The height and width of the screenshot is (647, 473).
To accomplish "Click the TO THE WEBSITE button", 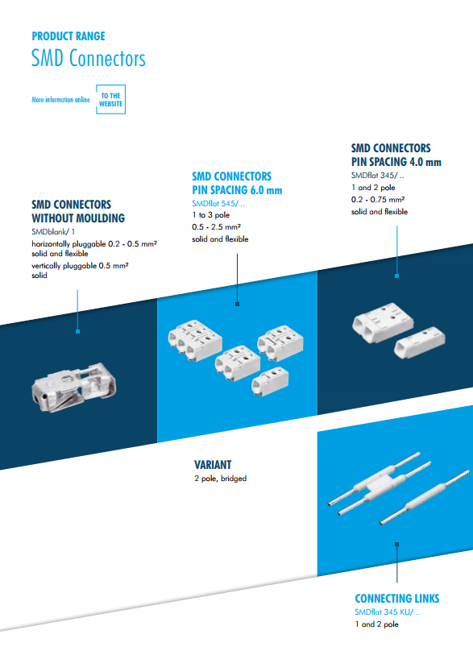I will pyautogui.click(x=110, y=100).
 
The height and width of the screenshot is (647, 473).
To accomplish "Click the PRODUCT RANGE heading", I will pyautogui.click(x=68, y=36).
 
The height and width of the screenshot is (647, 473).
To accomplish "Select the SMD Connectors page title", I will pyautogui.click(x=89, y=59).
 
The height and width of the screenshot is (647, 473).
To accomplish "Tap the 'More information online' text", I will pyautogui.click(x=60, y=100).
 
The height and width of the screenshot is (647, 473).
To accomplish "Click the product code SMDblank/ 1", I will pyautogui.click(x=53, y=232).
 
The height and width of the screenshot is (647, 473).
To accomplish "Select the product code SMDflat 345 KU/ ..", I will pyautogui.click(x=388, y=613).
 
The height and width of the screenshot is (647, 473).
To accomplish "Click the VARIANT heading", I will pyautogui.click(x=213, y=465).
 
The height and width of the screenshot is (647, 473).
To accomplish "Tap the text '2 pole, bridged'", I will pyautogui.click(x=220, y=479).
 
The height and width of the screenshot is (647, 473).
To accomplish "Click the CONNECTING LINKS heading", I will pyautogui.click(x=397, y=599).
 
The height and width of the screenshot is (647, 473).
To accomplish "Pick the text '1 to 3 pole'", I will pyautogui.click(x=210, y=216).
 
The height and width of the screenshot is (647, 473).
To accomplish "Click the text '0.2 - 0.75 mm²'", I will pyautogui.click(x=378, y=199).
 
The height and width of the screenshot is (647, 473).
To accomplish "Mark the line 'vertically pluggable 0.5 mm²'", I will pyautogui.click(x=81, y=265).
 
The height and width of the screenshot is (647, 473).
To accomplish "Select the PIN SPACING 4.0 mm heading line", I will pyautogui.click(x=396, y=162).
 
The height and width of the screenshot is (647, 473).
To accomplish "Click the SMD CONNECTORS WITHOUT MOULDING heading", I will pyautogui.click(x=78, y=211).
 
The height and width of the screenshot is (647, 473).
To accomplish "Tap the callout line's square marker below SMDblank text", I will pyautogui.click(x=77, y=331).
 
